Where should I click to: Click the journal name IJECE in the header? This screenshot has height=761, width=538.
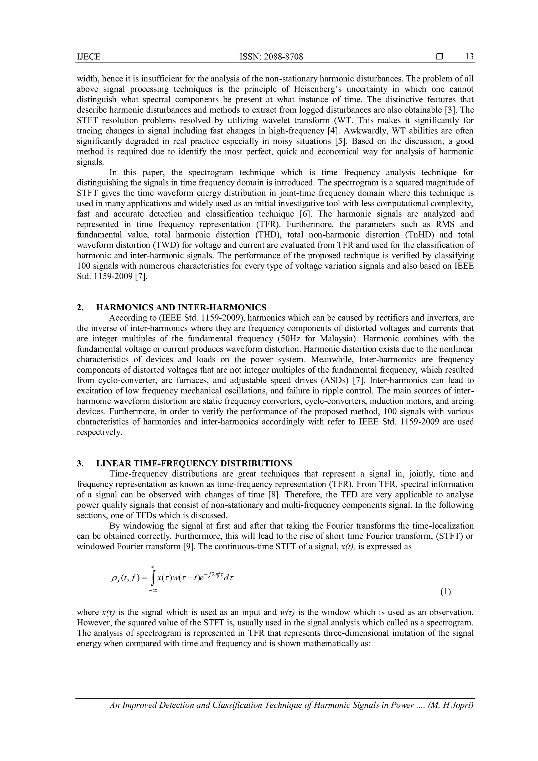tap(89, 57)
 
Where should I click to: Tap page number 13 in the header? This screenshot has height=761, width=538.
tap(469, 57)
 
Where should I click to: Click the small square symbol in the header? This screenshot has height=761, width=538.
tap(439, 57)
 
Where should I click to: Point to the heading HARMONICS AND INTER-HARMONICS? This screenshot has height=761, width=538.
tap(181, 308)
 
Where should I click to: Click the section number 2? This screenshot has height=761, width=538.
tap(80, 308)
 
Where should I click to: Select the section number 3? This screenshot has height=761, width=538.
tap(80, 463)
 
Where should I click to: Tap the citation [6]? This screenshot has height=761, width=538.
tap(306, 214)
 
